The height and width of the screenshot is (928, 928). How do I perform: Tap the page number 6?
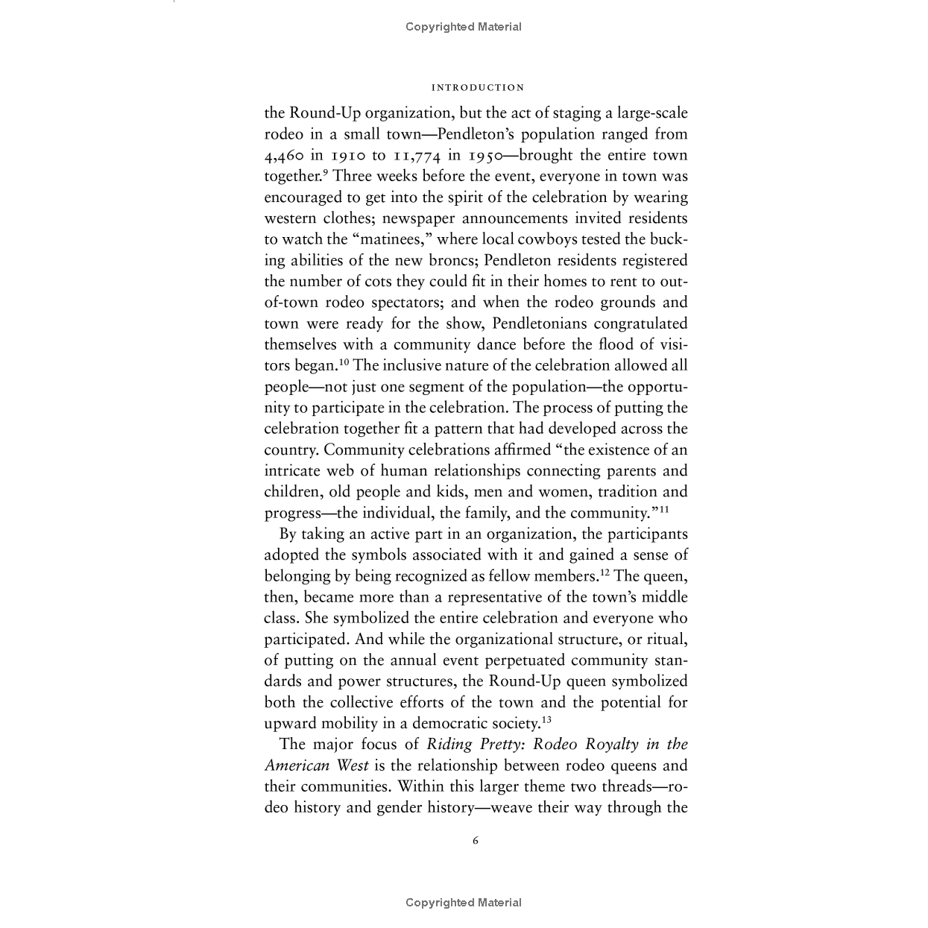click(x=476, y=841)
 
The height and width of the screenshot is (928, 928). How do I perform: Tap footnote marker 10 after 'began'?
click(x=344, y=362)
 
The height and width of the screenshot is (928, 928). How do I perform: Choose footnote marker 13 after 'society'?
click(x=546, y=720)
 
